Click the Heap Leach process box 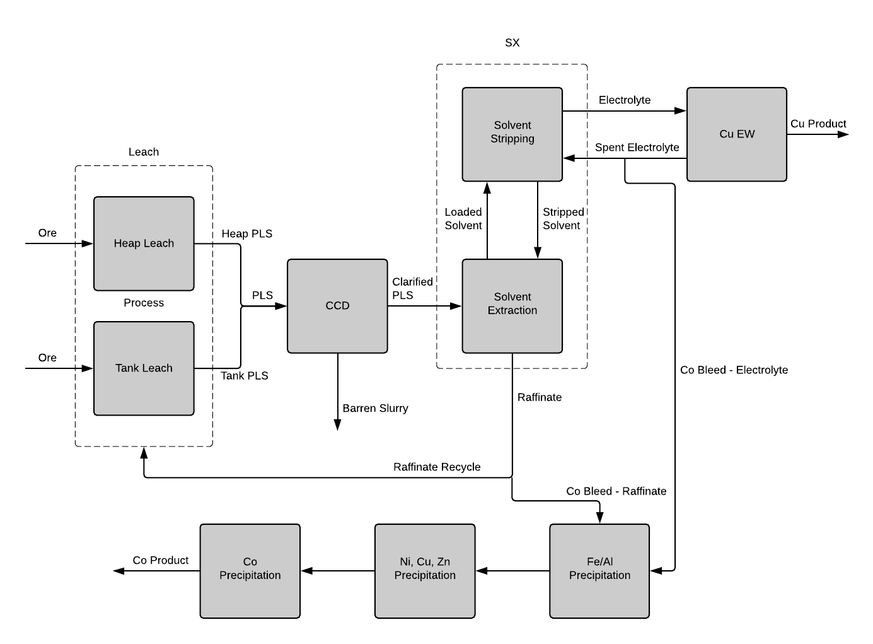pos(144,243)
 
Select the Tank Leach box pos(144,368)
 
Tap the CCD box pos(337,306)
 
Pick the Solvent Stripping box pos(512,134)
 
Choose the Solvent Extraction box pos(512,306)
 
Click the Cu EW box pos(736,134)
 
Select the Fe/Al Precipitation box pos(599,571)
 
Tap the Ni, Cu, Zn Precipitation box pos(424,571)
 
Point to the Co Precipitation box pos(250,571)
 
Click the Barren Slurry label pos(375,408)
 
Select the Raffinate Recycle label pos(437,467)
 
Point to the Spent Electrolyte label pos(637,148)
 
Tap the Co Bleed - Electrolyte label pos(734,370)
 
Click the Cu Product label pos(818,124)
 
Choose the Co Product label pos(160,560)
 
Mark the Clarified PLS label pos(412,288)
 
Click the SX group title pos(512,43)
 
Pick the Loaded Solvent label pos(463,219)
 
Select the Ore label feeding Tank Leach pos(47,358)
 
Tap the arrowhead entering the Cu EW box pos(681,111)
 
